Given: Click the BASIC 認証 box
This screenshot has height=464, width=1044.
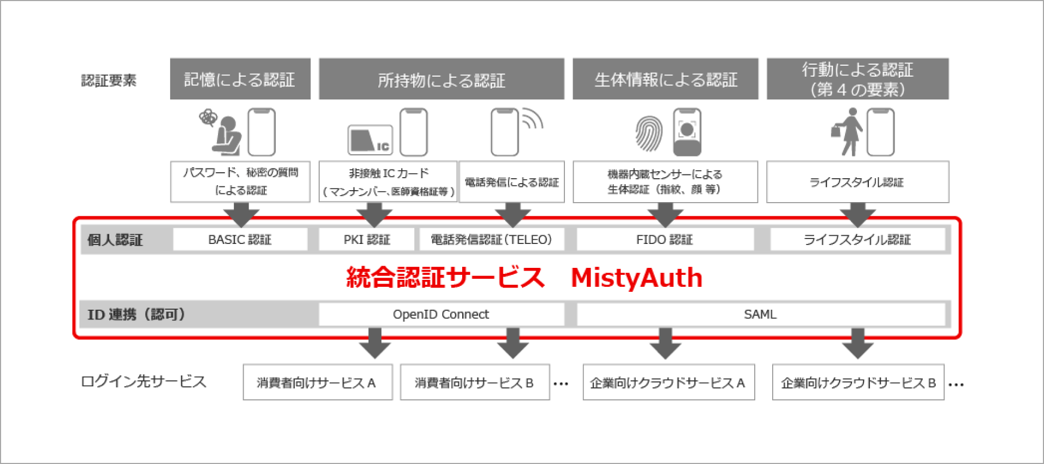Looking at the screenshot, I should click(240, 240).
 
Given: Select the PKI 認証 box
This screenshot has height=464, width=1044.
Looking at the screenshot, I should click(366, 240).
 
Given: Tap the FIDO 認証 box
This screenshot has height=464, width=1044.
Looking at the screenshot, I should click(664, 240).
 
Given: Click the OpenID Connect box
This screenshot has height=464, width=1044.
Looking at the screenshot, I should click(441, 315).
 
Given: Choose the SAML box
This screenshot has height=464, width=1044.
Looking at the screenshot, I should click(760, 315).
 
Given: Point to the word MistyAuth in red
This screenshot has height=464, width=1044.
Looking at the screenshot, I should click(637, 278).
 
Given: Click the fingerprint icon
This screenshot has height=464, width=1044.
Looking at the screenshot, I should click(649, 133).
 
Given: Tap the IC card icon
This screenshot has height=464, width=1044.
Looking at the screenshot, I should click(370, 140).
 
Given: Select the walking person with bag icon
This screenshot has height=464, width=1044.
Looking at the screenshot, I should click(847, 132).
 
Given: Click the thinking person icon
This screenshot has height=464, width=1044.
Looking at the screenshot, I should click(223, 133).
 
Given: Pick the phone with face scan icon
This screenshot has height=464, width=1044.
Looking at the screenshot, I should click(687, 132).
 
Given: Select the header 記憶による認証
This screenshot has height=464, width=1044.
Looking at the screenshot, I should click(240, 79).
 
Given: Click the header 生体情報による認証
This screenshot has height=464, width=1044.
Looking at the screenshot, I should click(665, 79).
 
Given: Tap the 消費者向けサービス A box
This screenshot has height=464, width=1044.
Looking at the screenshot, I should click(318, 383).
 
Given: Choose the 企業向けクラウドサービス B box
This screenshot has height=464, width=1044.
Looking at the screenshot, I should click(858, 383).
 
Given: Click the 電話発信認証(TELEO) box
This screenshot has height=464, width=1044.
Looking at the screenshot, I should click(491, 240).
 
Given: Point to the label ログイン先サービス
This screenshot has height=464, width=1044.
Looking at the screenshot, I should click(144, 381).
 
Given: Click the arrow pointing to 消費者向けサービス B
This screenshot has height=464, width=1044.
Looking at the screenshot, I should click(513, 343).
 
